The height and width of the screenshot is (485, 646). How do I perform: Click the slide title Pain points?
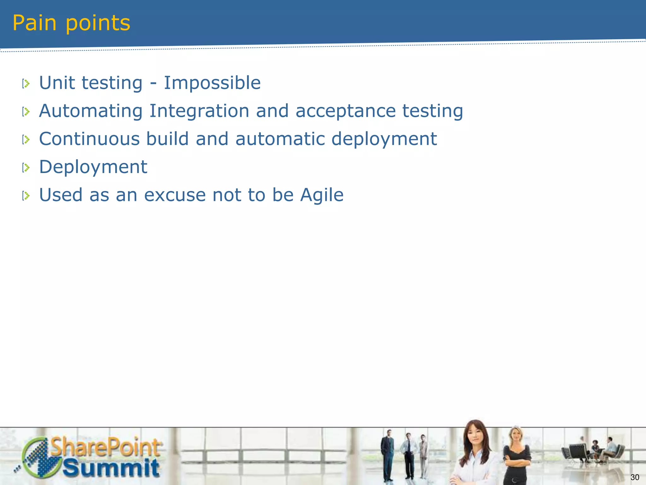point(71,23)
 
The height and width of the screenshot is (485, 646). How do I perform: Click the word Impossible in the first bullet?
point(212,83)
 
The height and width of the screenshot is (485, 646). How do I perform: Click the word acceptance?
point(345,111)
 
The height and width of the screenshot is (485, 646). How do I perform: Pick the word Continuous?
point(89,139)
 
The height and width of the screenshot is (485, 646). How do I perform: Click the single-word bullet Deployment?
point(93,167)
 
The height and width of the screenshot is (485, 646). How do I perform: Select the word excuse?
point(175,195)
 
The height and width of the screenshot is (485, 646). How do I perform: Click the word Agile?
point(321,195)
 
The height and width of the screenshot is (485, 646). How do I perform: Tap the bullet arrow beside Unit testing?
point(26,84)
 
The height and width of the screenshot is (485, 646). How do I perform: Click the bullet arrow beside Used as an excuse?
point(26,196)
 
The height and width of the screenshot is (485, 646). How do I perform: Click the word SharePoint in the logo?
point(106,447)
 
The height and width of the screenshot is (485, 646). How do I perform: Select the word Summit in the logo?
point(111,468)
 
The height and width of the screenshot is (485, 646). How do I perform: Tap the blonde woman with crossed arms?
point(517,455)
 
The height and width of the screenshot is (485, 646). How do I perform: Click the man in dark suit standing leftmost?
point(387,455)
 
